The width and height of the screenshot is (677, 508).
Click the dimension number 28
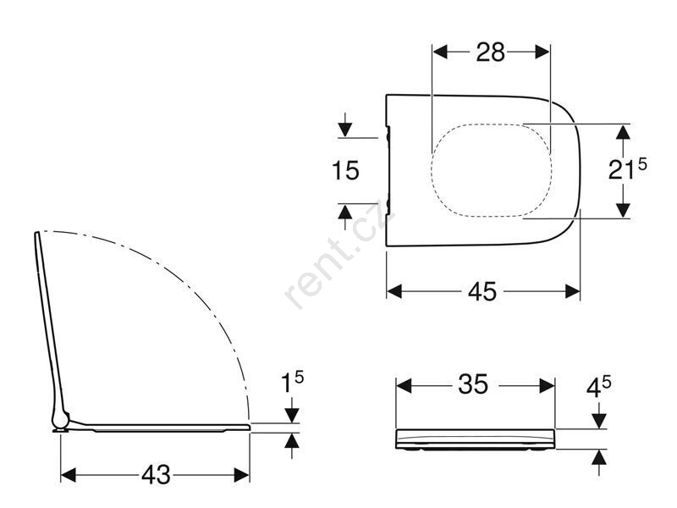click(x=491, y=52)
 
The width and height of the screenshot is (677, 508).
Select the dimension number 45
click(x=482, y=292)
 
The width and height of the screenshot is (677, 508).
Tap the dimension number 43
click(x=156, y=475)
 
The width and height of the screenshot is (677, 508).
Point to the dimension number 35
click(x=473, y=384)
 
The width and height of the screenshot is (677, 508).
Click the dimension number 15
click(x=345, y=170)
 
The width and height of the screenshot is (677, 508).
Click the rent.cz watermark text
click(x=340, y=254)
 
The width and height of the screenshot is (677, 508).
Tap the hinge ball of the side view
click(x=60, y=419)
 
